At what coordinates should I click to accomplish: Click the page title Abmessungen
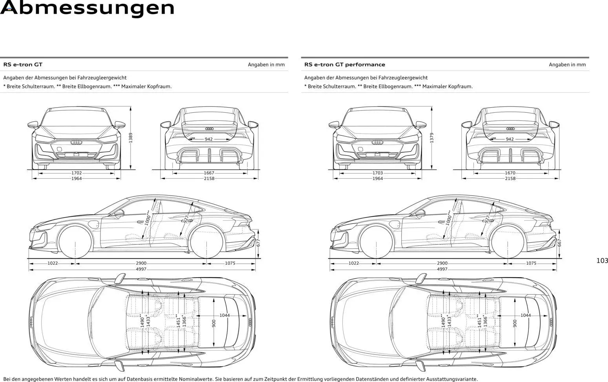coord(87,8)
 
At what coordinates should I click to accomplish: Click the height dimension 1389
coord(131,138)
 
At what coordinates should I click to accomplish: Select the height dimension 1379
coord(432,138)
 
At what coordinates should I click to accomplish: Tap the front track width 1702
coord(76,173)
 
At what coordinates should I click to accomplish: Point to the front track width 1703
coord(378,173)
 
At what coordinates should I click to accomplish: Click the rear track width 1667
coord(209,173)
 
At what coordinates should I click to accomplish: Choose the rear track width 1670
coord(510,173)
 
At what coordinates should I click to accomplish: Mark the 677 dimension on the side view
coord(258,243)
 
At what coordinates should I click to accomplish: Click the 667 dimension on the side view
coord(560,243)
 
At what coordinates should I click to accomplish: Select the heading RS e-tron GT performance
coord(344,65)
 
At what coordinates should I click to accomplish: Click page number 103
coord(602,261)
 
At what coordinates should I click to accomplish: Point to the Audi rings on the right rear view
coord(510,129)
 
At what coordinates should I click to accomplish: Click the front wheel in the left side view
coord(75,241)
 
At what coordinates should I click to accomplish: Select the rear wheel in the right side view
coord(508,241)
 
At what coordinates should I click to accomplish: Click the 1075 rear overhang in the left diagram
coord(230,263)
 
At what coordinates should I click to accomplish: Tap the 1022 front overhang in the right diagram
coord(354,263)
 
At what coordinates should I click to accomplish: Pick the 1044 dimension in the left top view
coord(224,315)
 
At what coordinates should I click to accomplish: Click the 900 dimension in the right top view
coord(515,323)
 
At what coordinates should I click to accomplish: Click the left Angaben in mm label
coord(266,65)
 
